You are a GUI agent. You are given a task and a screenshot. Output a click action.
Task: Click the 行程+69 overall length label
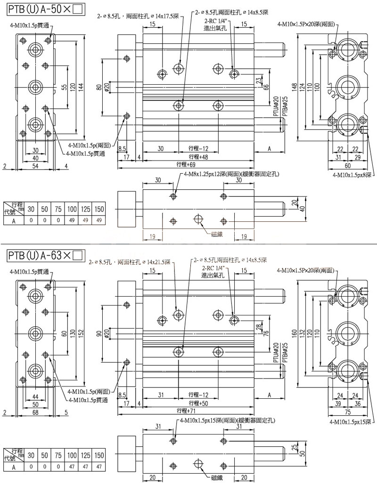[x=186, y=164]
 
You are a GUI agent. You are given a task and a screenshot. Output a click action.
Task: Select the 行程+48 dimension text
[x=198, y=156]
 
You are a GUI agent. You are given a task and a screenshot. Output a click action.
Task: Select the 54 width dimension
[x=35, y=166]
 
